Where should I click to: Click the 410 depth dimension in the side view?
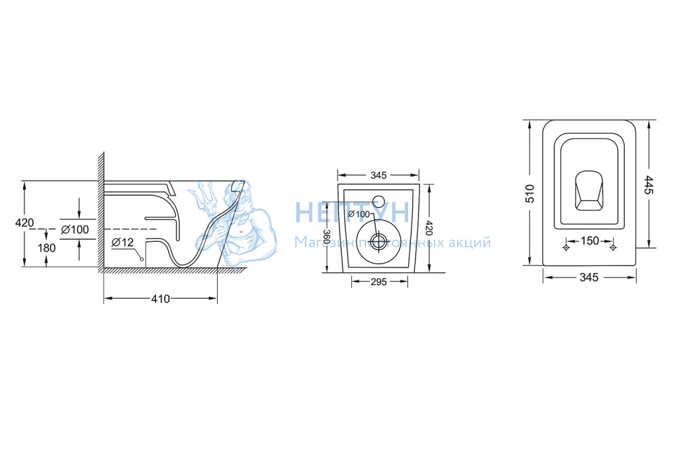tap(161, 299)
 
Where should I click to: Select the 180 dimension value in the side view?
tap(47, 248)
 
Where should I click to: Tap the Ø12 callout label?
tap(122, 242)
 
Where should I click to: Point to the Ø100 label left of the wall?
tap(75, 230)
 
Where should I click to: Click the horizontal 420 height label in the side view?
tap(24, 223)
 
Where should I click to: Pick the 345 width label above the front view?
tap(378, 175)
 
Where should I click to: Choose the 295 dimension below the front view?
tap(379, 282)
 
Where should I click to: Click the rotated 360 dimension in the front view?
tap(327, 238)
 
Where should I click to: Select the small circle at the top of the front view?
tap(379, 201)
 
